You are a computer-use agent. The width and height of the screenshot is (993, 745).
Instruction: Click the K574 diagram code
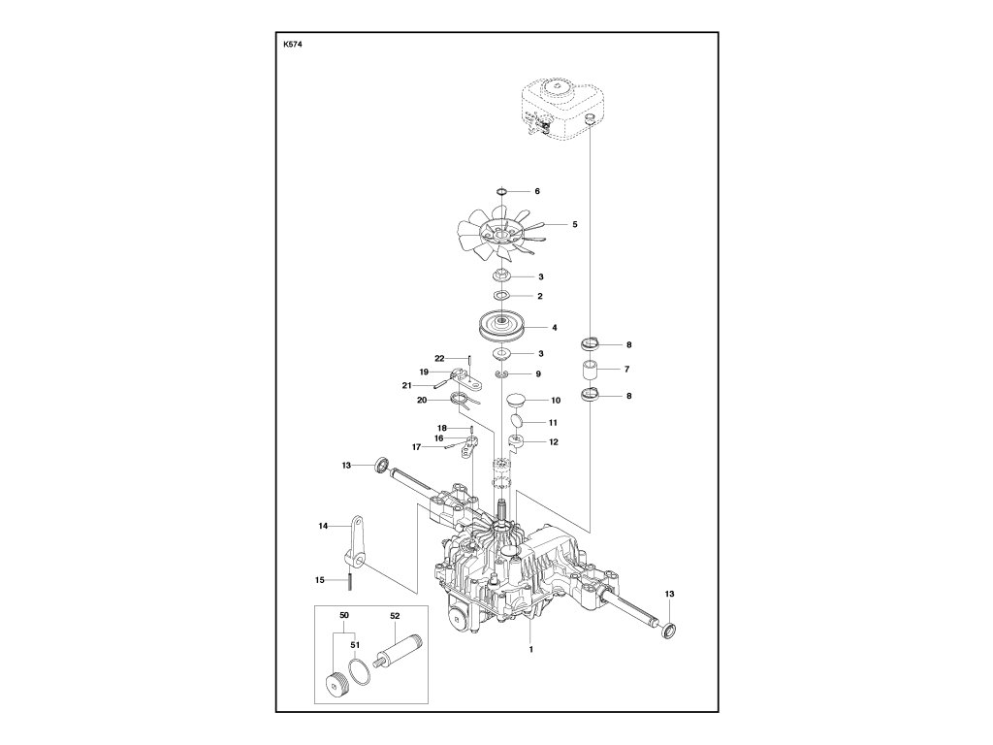[x=293, y=45]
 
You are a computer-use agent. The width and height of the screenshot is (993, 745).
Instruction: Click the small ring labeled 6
[x=501, y=191]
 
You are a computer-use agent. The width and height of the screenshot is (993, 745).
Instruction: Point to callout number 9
[x=538, y=373]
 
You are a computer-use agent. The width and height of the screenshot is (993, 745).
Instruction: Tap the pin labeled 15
[x=349, y=581]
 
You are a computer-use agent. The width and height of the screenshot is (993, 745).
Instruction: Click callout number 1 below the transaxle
[x=530, y=649]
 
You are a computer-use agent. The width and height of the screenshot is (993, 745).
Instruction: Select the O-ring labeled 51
[x=359, y=671]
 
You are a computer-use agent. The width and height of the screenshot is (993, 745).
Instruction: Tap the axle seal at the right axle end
[x=668, y=631]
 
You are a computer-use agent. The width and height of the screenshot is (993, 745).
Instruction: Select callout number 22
[x=439, y=359]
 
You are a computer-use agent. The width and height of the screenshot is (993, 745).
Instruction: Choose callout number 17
[x=416, y=447]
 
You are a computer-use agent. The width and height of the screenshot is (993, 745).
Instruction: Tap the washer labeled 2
[x=502, y=296]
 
